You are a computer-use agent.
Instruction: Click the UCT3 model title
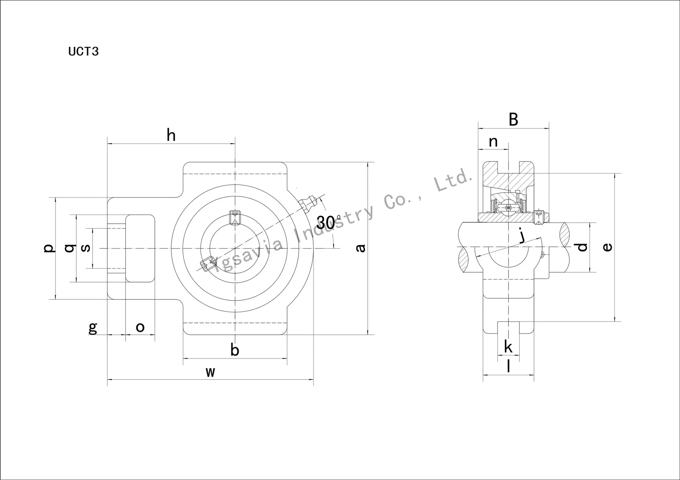[83, 52]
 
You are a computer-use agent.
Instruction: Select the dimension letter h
[171, 135]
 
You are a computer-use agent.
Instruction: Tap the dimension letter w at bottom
[210, 372]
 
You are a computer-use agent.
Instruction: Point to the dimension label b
[235, 350]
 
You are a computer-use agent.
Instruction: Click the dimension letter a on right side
[360, 248]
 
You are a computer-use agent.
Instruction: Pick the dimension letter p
[49, 247]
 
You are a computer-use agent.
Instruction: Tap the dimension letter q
[70, 248]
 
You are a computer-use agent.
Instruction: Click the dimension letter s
[86, 248]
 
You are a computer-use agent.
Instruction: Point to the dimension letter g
[92, 327]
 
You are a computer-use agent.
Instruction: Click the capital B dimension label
[513, 120]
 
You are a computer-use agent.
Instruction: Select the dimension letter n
[493, 142]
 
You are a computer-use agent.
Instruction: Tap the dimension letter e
[607, 247]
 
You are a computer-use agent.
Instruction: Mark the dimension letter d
[582, 247]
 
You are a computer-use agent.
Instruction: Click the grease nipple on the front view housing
[307, 203]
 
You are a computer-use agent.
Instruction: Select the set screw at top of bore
[235, 217]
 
